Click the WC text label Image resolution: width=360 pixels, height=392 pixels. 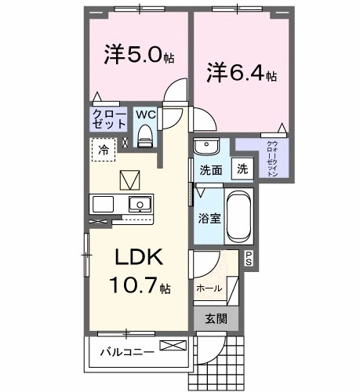[145, 114]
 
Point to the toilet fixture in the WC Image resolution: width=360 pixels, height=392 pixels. [144, 137]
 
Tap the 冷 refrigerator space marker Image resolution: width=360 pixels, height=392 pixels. [103, 147]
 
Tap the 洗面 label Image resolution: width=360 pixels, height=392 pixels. [210, 169]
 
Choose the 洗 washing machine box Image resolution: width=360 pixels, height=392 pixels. [243, 169]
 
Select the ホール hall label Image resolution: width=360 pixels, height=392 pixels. [209, 289]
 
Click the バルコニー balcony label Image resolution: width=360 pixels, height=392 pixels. [125, 350]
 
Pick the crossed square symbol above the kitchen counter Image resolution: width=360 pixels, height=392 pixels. [128, 180]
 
